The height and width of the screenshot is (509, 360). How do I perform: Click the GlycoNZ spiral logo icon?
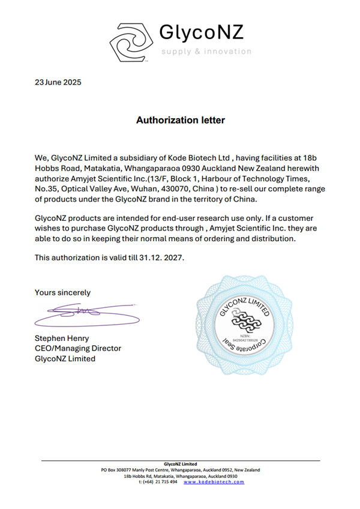(x=130, y=41)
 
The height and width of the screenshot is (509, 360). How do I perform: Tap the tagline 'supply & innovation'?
(x=206, y=52)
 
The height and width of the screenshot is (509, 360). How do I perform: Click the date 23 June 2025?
(x=58, y=82)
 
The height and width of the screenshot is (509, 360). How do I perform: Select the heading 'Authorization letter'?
(x=180, y=120)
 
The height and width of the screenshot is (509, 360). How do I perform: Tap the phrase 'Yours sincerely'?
(x=63, y=292)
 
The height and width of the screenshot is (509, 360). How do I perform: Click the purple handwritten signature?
(x=78, y=313)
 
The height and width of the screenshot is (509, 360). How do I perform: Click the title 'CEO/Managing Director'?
(x=78, y=348)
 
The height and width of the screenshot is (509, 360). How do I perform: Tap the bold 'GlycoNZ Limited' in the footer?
(x=180, y=464)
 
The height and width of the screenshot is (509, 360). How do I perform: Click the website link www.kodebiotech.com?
(x=214, y=482)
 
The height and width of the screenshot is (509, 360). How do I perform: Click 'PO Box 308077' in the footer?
(x=120, y=470)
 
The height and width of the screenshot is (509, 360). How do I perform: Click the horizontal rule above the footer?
(x=180, y=460)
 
